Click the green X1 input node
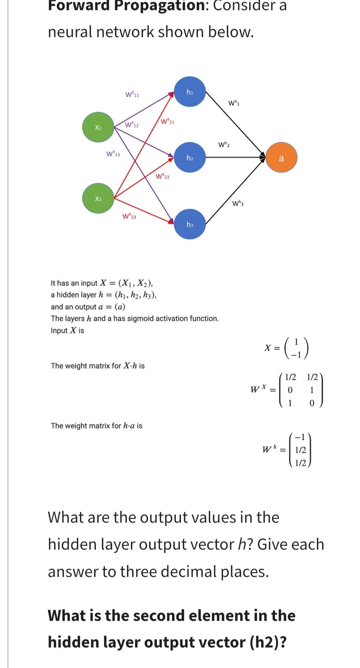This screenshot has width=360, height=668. coord(98,128)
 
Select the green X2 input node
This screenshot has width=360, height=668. coord(98,199)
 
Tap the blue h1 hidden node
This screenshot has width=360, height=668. coord(190,92)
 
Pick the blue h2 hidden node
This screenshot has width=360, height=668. coord(190,158)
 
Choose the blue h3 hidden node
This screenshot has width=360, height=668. coord(190,225)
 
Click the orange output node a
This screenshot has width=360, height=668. coord(281,158)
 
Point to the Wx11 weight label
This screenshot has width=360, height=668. coord(132,95)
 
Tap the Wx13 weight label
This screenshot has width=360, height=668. coord(113,153)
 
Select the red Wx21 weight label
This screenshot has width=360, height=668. coord(168,121)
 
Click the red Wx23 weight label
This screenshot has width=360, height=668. coord(129,216)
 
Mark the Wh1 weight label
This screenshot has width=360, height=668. coord(234,103)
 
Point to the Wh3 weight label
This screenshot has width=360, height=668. coord(238,203)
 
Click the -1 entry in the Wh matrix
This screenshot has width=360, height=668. coord(301,438)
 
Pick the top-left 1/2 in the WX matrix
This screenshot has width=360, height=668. coord(291,377)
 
